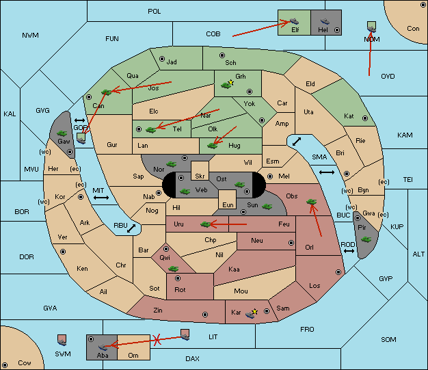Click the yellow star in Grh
tap(231, 82)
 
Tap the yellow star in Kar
tap(254, 312)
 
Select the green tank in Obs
tap(311, 202)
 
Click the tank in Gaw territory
tap(62, 133)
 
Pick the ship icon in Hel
tap(325, 21)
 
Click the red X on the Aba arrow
tap(157, 340)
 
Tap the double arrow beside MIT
tap(101, 198)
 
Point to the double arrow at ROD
tap(349, 251)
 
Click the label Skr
tap(200, 176)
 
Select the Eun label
tap(228, 204)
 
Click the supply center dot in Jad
tap(162, 59)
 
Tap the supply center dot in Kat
tap(365, 118)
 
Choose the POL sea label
tap(155, 12)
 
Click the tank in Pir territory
tap(366, 239)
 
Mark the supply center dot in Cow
tap(5, 365)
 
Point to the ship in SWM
tap(62, 340)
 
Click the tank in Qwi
tap(173, 269)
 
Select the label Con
tap(413, 29)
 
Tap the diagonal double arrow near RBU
tap(131, 228)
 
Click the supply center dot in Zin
tap(205, 315)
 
